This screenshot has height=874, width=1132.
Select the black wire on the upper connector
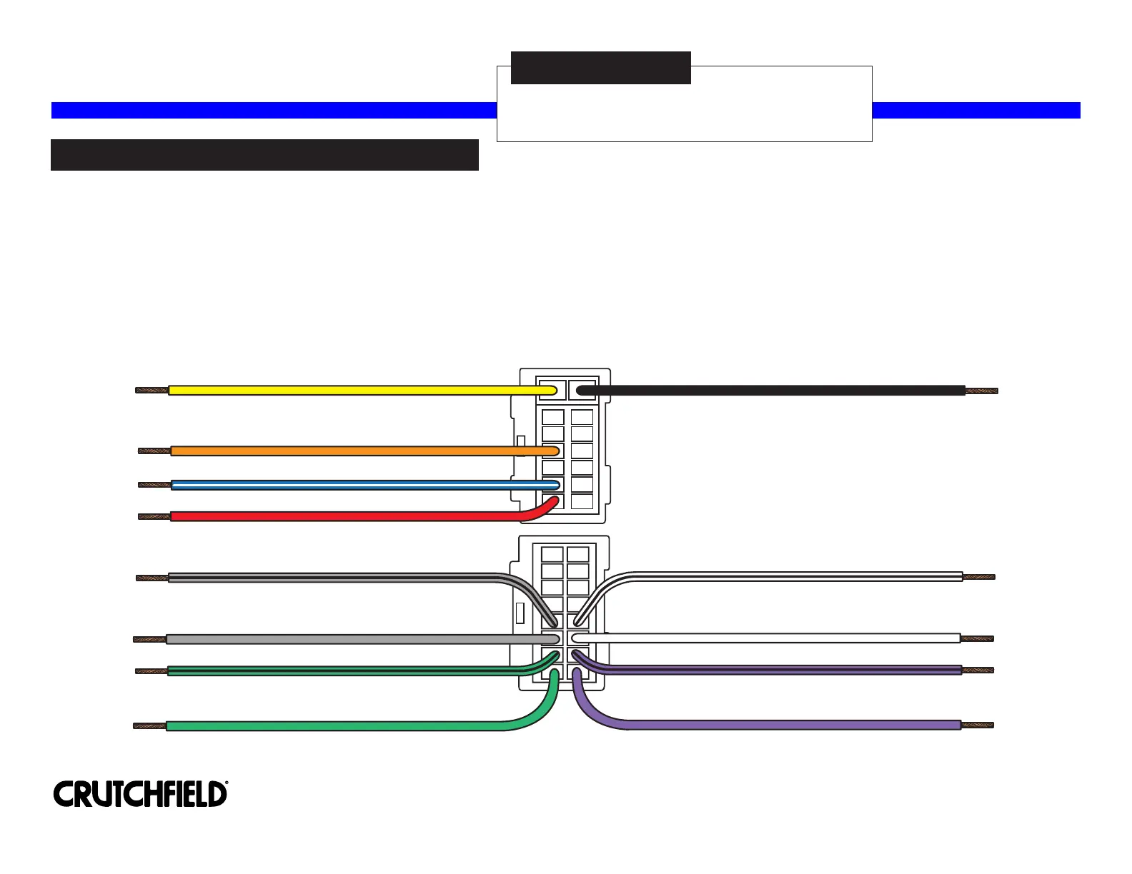pyautogui.click(x=772, y=391)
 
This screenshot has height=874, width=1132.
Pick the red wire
pyautogui.click(x=343, y=516)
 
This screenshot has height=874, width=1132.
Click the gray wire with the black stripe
pyautogui.click(x=329, y=578)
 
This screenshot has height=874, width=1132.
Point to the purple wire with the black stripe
pyautogui.click(x=786, y=670)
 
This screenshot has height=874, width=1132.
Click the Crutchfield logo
pyautogui.click(x=140, y=794)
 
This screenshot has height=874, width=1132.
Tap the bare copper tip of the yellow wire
pyautogui.click(x=152, y=391)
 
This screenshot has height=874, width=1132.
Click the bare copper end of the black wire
pyautogui.click(x=981, y=391)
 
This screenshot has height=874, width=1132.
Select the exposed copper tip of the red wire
pyautogui.click(x=154, y=516)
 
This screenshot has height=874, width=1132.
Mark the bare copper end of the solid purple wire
pyautogui.click(x=977, y=725)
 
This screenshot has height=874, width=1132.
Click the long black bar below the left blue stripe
pyautogui.click(x=264, y=155)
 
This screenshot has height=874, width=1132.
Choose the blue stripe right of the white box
pyautogui.click(x=975, y=110)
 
